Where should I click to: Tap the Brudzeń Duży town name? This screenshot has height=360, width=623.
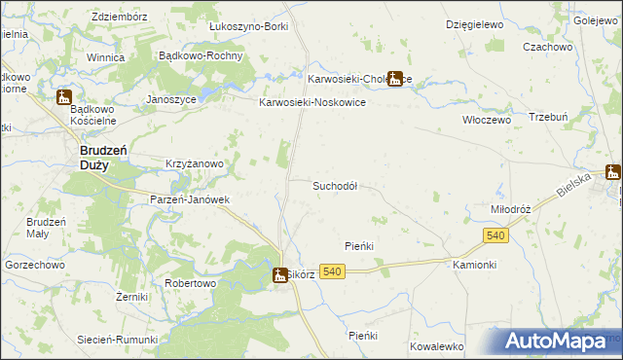click(x=99, y=158)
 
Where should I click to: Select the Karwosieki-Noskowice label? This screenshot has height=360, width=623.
click(x=311, y=101)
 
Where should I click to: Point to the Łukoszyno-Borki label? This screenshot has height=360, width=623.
click(x=249, y=26)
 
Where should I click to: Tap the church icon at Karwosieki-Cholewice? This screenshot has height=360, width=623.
click(x=395, y=79)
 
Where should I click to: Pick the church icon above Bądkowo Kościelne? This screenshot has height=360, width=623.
click(x=64, y=97)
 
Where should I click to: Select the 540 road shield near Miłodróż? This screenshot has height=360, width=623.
click(x=495, y=236)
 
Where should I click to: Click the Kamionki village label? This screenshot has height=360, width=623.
click(x=475, y=265)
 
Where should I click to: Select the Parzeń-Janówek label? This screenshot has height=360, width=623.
click(x=189, y=199)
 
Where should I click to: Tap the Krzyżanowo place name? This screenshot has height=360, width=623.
click(x=196, y=164)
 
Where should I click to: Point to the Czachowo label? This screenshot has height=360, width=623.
click(x=547, y=47)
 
